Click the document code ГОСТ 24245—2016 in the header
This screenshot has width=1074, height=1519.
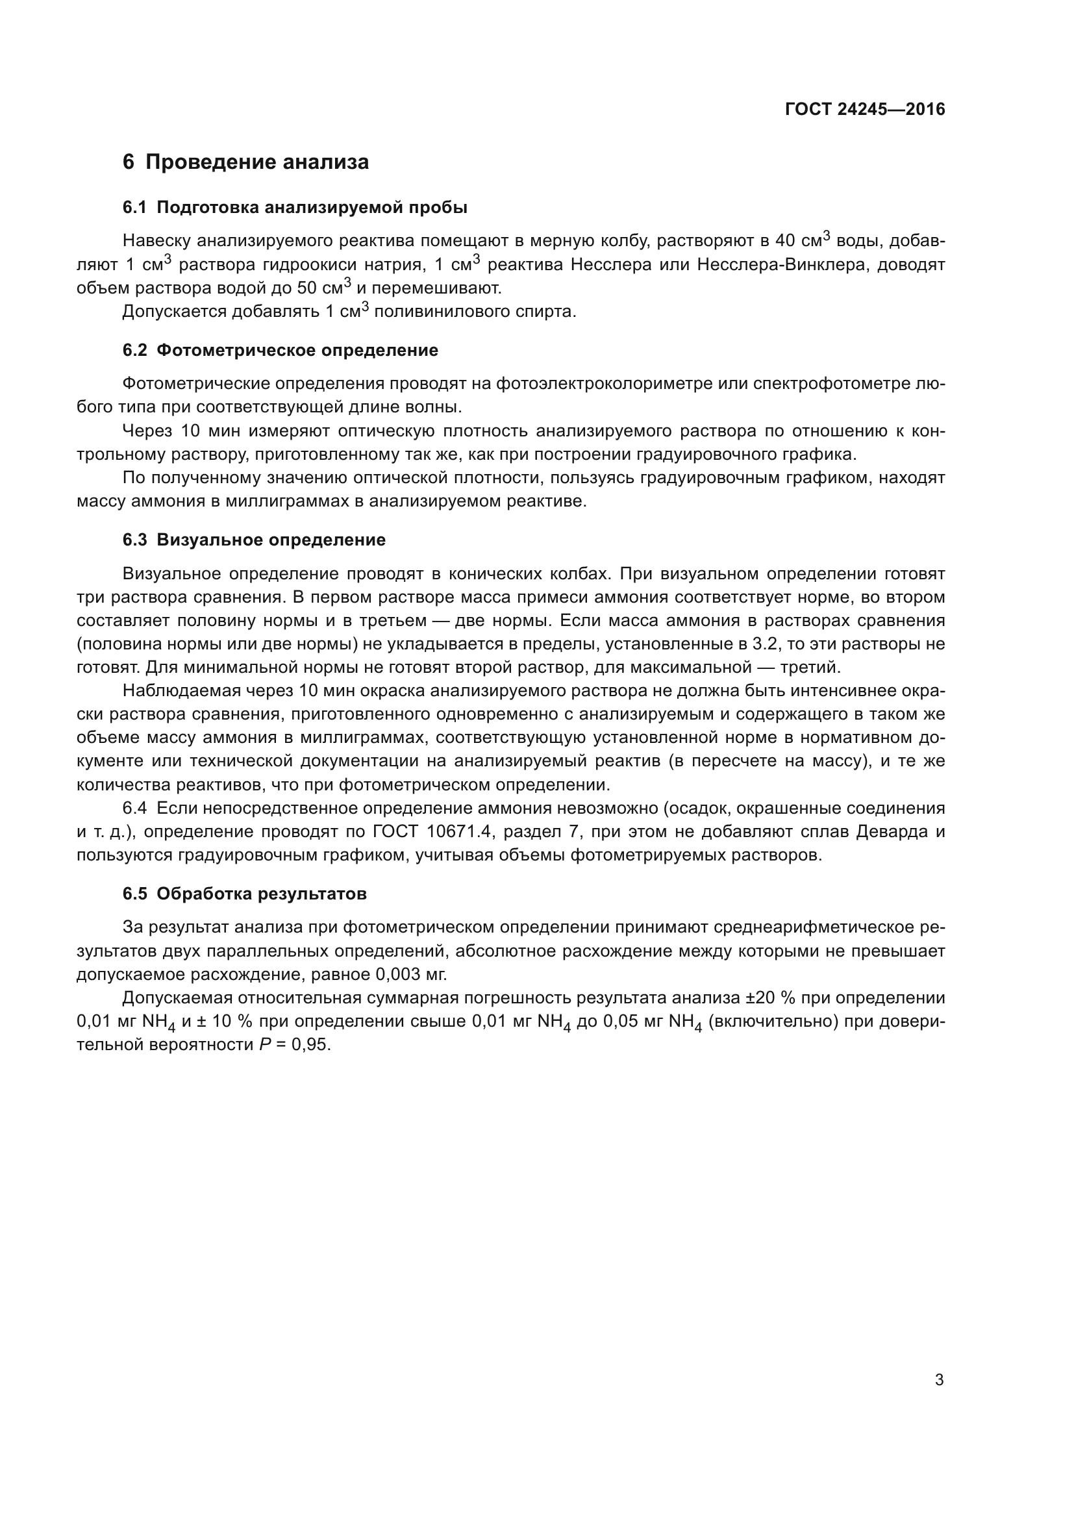[x=865, y=109]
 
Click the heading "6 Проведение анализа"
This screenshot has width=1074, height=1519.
[x=245, y=162]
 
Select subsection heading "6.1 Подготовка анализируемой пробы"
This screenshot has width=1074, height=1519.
[x=295, y=208]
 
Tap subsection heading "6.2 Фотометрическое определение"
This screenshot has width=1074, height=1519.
[x=281, y=351]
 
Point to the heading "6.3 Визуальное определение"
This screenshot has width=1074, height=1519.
[x=254, y=540]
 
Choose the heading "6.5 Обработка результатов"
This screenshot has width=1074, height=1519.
[x=245, y=894]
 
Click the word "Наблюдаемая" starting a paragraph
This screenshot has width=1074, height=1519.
[x=175, y=691]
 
